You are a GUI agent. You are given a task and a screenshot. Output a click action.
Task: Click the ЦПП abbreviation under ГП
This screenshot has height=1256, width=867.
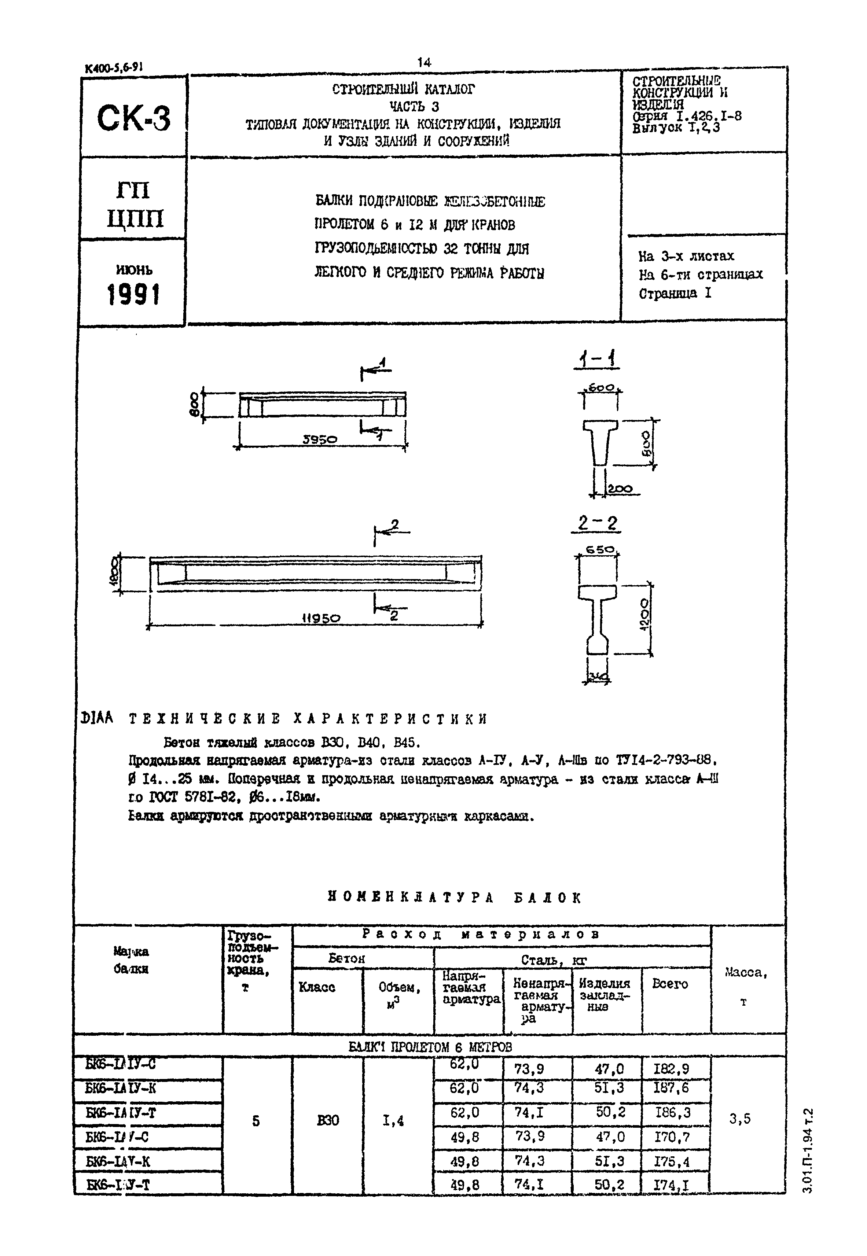pyautogui.click(x=134, y=219)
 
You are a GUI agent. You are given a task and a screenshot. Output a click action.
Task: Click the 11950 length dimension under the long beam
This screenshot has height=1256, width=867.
pyautogui.click(x=321, y=618)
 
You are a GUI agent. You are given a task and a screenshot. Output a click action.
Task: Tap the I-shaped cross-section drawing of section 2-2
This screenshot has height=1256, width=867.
pyautogui.click(x=597, y=619)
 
